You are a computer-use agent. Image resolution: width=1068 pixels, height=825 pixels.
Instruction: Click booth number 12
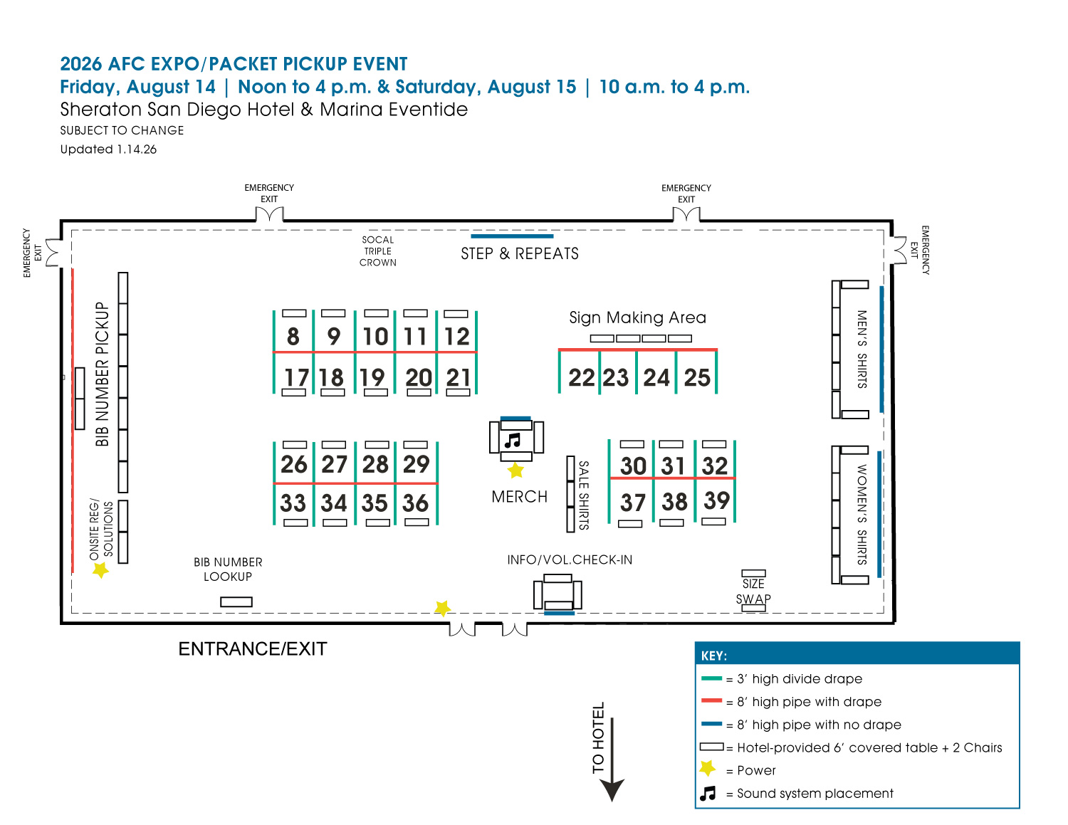pyautogui.click(x=457, y=337)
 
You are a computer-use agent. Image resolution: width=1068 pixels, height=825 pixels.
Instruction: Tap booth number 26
pyautogui.click(x=293, y=465)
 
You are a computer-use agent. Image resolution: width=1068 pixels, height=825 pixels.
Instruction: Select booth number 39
pyautogui.click(x=716, y=500)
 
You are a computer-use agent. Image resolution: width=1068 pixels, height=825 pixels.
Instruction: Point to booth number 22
pyautogui.click(x=582, y=377)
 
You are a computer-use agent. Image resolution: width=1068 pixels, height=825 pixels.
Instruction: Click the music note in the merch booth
pyautogui.click(x=513, y=441)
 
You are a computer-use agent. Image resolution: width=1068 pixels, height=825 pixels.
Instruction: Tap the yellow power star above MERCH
pyautogui.click(x=515, y=471)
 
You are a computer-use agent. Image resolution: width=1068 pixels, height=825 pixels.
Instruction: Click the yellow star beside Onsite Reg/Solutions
pyautogui.click(x=100, y=569)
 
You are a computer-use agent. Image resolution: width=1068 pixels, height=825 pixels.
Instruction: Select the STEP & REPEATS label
pyautogui.click(x=519, y=254)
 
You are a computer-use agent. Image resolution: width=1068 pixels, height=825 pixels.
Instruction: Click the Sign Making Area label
pyautogui.click(x=637, y=317)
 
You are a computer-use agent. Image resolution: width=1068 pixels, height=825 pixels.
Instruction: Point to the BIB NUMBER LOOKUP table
pyautogui.click(x=236, y=602)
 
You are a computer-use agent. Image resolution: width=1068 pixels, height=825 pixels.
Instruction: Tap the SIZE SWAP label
pyautogui.click(x=753, y=591)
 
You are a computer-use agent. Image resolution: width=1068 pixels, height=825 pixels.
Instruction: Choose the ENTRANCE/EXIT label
pyautogui.click(x=252, y=648)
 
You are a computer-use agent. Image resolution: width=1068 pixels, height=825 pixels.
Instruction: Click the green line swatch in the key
pyautogui.click(x=711, y=678)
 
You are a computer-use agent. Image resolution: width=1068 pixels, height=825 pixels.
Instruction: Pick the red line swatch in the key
pyautogui.click(x=711, y=701)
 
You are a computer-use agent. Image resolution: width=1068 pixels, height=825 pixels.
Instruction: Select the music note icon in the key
pyautogui.click(x=708, y=793)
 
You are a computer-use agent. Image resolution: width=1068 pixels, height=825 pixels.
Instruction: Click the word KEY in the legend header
pyautogui.click(x=713, y=656)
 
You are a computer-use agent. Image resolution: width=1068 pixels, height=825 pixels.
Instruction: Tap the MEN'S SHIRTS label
pyautogui.click(x=862, y=349)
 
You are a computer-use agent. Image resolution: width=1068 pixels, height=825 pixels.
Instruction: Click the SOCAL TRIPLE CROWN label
pyautogui.click(x=377, y=251)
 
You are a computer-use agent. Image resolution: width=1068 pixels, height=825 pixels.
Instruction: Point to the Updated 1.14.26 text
pyautogui.click(x=108, y=149)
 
